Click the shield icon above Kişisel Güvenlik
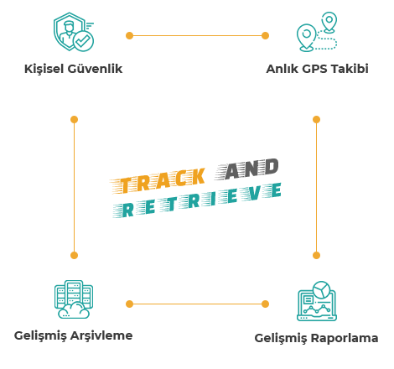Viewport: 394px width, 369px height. point(74,32)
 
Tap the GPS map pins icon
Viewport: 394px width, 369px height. point(317,32)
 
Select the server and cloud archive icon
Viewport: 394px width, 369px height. point(74,299)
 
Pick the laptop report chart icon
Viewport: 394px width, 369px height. point(317,301)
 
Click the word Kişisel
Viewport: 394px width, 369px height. point(44,69)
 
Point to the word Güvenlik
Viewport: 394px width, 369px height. point(95,69)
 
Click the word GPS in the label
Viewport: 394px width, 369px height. point(314,69)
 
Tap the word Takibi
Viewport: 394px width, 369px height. point(349,69)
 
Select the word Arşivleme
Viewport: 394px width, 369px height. point(101,335)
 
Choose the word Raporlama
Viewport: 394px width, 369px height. point(345,338)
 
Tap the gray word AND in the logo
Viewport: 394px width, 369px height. point(247,169)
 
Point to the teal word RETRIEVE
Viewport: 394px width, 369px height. point(197,200)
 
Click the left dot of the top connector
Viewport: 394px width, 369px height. point(129,36)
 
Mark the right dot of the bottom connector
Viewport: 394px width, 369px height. point(265,304)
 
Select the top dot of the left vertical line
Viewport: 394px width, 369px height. point(74,120)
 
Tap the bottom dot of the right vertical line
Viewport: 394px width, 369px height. point(316,255)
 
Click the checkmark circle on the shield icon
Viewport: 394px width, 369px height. point(83,41)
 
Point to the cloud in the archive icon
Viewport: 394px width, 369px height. point(74,310)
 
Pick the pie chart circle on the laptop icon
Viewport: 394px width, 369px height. point(322,289)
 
